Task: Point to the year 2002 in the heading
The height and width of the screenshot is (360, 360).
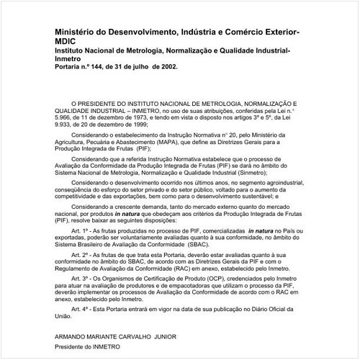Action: (163, 66)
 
